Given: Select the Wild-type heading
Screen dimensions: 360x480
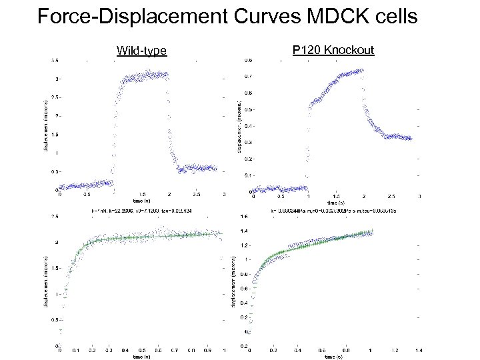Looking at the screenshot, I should (141, 51).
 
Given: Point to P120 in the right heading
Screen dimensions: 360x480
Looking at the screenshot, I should (305, 50).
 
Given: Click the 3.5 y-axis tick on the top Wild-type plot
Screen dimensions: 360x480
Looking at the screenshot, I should (53, 60).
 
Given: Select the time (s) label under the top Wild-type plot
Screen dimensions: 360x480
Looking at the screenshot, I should (141, 201).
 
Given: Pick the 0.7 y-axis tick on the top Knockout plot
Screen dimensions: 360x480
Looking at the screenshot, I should (247, 77).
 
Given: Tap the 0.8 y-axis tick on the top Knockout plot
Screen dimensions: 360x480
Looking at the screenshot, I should (247, 60).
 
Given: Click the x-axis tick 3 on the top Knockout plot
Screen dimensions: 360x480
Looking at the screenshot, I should (419, 196).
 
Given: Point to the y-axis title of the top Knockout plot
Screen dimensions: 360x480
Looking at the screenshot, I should (239, 125).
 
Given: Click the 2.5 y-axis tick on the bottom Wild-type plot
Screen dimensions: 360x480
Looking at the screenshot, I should (53, 217).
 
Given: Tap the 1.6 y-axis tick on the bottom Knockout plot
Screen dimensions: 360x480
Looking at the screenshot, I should (244, 217).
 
